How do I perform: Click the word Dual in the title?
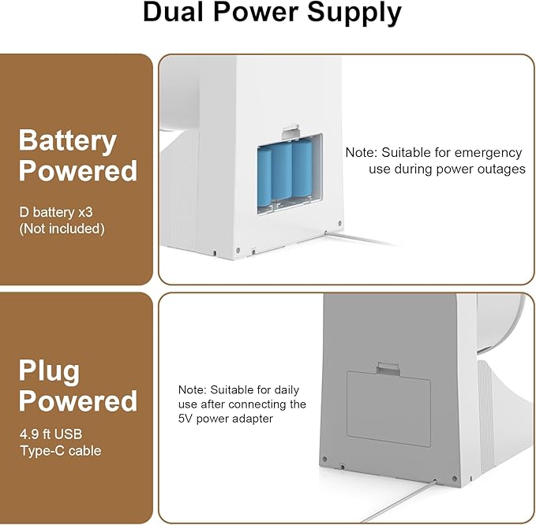pyautogui.click(x=174, y=12)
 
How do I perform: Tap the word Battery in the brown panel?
pyautogui.click(x=67, y=140)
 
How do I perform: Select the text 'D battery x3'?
pyautogui.click(x=56, y=212)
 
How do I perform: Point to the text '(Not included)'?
pyautogui.click(x=62, y=229)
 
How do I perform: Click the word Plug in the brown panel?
pyautogui.click(x=49, y=372)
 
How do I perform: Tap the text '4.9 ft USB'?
pyautogui.click(x=51, y=434)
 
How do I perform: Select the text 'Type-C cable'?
pyautogui.click(x=61, y=451)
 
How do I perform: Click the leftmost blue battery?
pyautogui.click(x=264, y=177)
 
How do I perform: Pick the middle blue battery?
pyautogui.click(x=282, y=171)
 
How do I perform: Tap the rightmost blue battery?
pyautogui.click(x=302, y=168)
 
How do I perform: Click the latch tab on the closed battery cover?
pyautogui.click(x=388, y=368)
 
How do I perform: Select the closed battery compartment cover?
pyautogui.click(x=388, y=409)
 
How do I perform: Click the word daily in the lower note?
pyautogui.click(x=287, y=390)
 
